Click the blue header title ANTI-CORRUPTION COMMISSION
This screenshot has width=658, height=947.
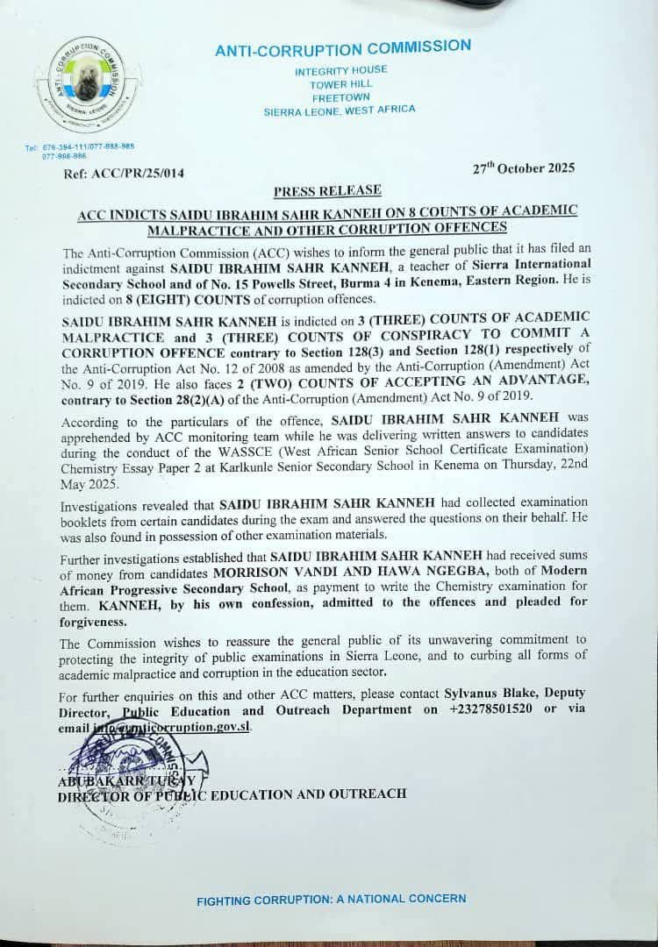[x=343, y=49]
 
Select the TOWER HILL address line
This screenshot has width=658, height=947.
[x=340, y=84]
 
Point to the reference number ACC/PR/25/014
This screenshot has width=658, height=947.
[x=140, y=174]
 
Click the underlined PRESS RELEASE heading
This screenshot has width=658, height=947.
[x=327, y=190]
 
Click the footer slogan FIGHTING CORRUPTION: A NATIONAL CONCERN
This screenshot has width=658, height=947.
[x=331, y=899]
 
